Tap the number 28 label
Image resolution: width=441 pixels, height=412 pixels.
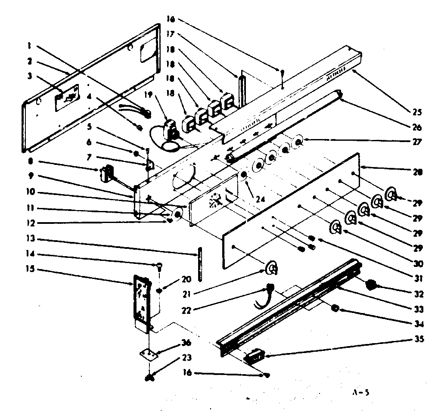416,172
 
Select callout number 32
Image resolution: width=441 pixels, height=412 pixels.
416,295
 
